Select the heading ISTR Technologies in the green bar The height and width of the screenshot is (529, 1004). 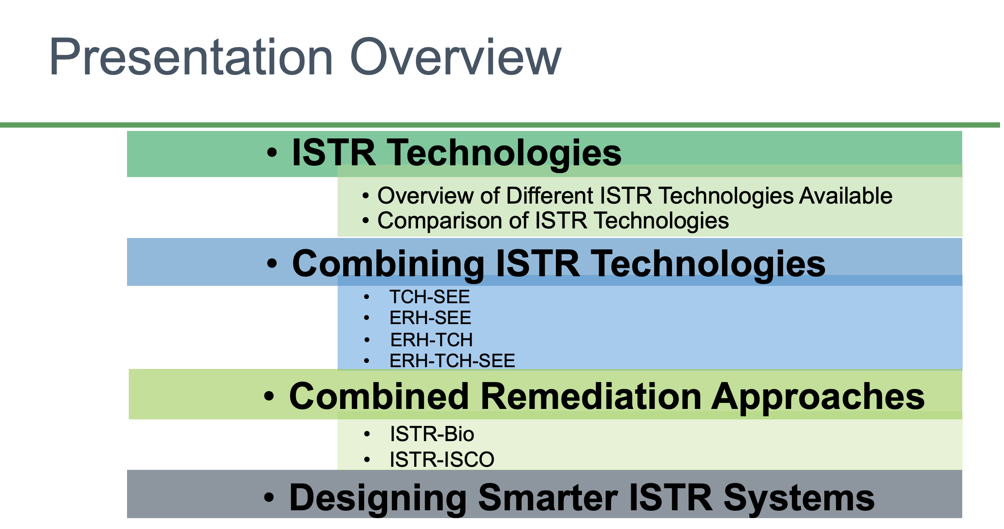[456, 153]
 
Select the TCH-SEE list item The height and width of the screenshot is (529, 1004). [429, 297]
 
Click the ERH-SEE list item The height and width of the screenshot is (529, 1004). [430, 318]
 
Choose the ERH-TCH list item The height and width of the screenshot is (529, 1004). [431, 340]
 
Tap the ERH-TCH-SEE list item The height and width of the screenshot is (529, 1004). [452, 361]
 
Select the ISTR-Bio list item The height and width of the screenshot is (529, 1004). [432, 434]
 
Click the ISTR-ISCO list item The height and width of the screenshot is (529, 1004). [442, 460]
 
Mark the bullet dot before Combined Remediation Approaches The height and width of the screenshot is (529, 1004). [269, 397]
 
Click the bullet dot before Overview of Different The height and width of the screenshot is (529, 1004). [366, 196]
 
